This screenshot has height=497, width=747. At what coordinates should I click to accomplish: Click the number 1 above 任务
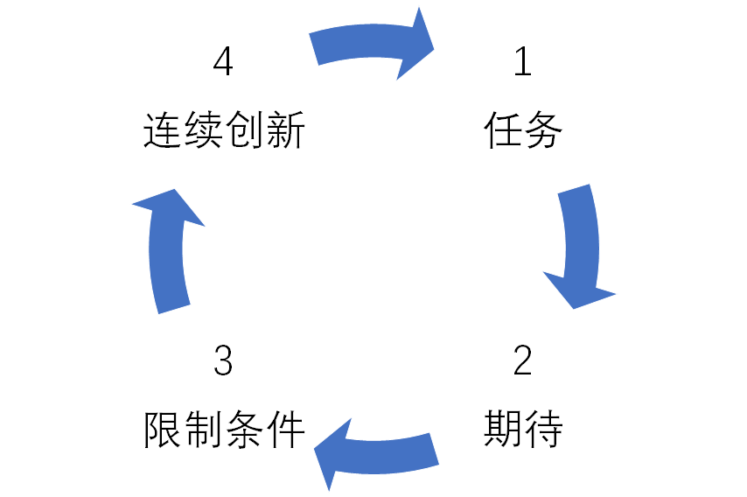[x=522, y=63]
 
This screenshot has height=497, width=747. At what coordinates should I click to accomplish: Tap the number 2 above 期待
[x=522, y=361]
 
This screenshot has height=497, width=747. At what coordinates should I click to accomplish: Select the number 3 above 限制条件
[x=224, y=361]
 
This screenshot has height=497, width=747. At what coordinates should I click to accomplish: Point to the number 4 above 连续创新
[x=224, y=63]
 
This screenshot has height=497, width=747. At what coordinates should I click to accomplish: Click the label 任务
[x=522, y=132]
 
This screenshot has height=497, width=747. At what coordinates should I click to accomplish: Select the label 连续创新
[x=224, y=132]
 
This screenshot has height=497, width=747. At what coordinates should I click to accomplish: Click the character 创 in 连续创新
[x=244, y=132]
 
